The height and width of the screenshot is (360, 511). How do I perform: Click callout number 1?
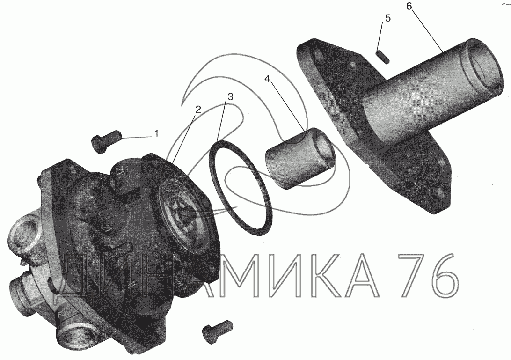point(156,133)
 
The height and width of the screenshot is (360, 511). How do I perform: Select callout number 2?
point(198,110)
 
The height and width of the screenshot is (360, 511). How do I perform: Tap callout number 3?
point(230,96)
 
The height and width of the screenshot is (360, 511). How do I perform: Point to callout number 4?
point(267,79)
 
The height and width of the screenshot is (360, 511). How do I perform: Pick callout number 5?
point(387,18)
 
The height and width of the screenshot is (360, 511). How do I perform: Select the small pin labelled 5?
point(384,57)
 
